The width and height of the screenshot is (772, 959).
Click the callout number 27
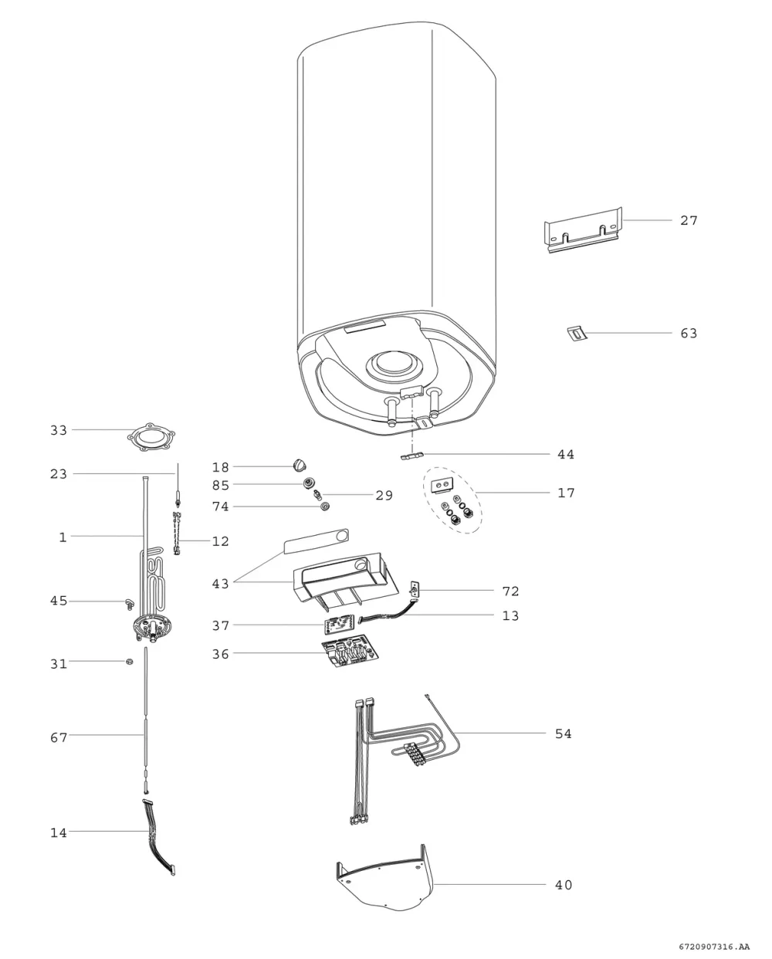(689, 220)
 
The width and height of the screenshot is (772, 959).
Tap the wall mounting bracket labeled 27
(583, 230)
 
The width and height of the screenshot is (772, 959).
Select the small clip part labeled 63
(577, 334)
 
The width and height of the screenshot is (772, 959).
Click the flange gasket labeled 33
(151, 437)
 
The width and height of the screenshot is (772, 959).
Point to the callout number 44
(566, 454)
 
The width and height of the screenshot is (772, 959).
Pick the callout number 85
(220, 485)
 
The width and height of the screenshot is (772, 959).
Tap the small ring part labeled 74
(325, 506)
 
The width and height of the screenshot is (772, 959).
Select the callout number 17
(566, 493)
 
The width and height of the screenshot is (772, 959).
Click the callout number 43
(220, 583)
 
